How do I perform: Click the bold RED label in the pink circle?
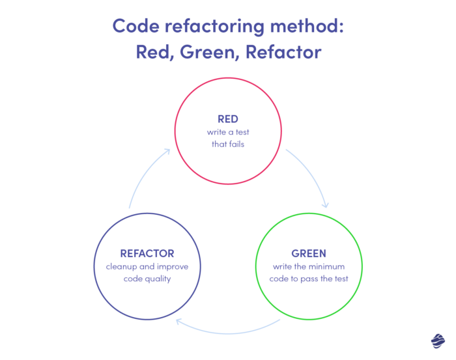click(228, 119)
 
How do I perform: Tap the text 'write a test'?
click(228, 132)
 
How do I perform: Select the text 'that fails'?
click(228, 144)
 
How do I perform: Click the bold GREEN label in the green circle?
click(309, 254)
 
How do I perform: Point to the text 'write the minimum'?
click(309, 267)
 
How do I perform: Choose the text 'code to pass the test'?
click(309, 279)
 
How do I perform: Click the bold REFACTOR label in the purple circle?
click(147, 253)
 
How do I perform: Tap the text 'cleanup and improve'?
click(147, 266)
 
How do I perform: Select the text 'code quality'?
click(147, 278)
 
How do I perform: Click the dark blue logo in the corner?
click(437, 340)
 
